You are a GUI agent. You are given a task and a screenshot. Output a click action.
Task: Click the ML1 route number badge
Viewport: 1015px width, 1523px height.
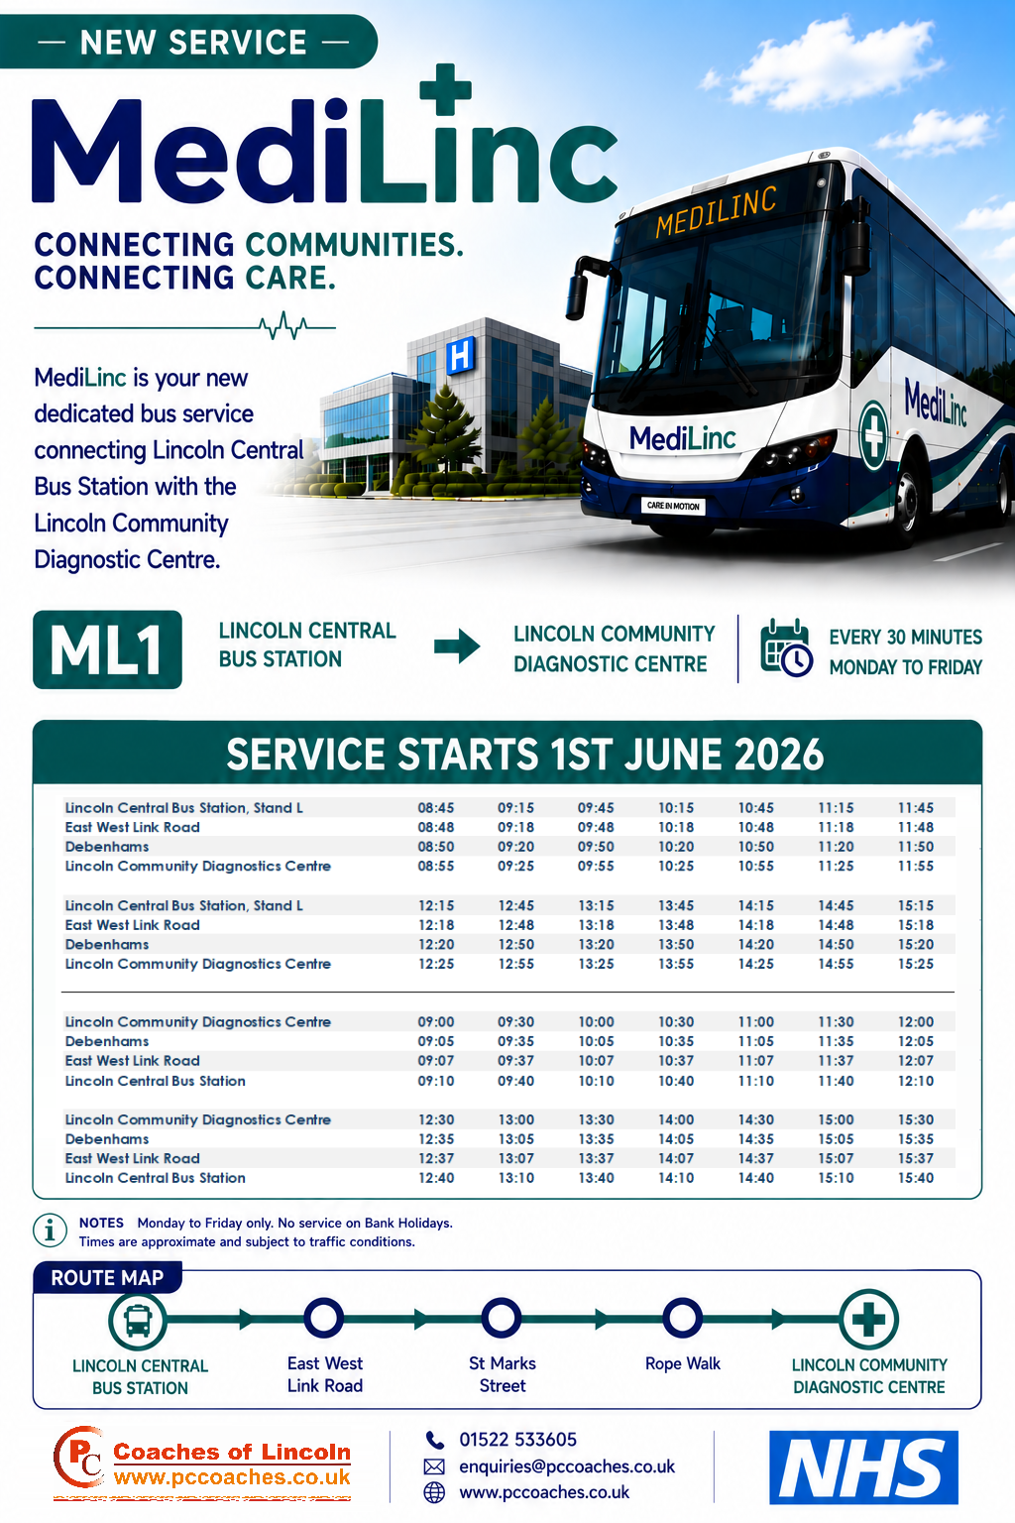pos(107,649)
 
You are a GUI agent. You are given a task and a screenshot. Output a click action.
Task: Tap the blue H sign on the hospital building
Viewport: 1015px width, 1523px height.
pos(460,356)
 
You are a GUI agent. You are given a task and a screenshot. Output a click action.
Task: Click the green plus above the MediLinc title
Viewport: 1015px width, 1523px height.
pos(445,89)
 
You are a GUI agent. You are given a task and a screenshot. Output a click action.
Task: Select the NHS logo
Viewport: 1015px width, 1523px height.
pos(863,1467)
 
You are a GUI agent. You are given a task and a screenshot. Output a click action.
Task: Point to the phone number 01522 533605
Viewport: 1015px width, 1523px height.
pos(518,1440)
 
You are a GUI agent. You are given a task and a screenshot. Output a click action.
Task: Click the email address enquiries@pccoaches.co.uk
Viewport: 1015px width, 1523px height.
pos(567,1465)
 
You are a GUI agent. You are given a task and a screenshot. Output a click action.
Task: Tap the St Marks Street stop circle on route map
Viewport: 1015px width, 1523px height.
pos(501,1318)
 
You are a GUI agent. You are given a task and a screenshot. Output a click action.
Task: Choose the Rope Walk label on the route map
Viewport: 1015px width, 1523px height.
pos(683,1363)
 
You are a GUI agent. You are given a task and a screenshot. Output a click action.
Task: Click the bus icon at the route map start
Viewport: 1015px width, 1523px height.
pos(138,1321)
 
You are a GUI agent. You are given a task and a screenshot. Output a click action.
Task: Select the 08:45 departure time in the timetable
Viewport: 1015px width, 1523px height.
pos(436,808)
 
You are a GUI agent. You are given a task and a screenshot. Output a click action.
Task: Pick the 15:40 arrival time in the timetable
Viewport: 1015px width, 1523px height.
pos(916,1178)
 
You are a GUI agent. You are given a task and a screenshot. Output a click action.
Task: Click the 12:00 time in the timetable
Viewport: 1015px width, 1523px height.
pos(916,1022)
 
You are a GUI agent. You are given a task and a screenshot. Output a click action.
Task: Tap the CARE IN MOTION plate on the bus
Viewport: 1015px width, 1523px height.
pos(673,506)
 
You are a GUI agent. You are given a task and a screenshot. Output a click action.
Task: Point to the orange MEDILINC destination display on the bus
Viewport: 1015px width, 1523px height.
pos(716,211)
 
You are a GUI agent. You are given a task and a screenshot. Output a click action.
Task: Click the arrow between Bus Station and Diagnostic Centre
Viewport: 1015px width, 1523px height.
pos(457,645)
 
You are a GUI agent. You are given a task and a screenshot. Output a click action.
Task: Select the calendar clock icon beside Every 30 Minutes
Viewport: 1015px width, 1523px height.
pos(786,647)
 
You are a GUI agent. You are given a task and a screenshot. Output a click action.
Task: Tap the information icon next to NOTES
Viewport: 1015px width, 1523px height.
pos(51,1230)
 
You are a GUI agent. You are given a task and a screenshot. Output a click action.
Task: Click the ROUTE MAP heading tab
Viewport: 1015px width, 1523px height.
pos(107,1277)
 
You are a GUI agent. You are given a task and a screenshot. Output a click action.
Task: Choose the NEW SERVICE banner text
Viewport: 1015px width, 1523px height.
pos(193,43)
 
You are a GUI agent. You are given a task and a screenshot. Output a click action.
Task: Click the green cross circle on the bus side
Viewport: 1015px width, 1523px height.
pos(873,436)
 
